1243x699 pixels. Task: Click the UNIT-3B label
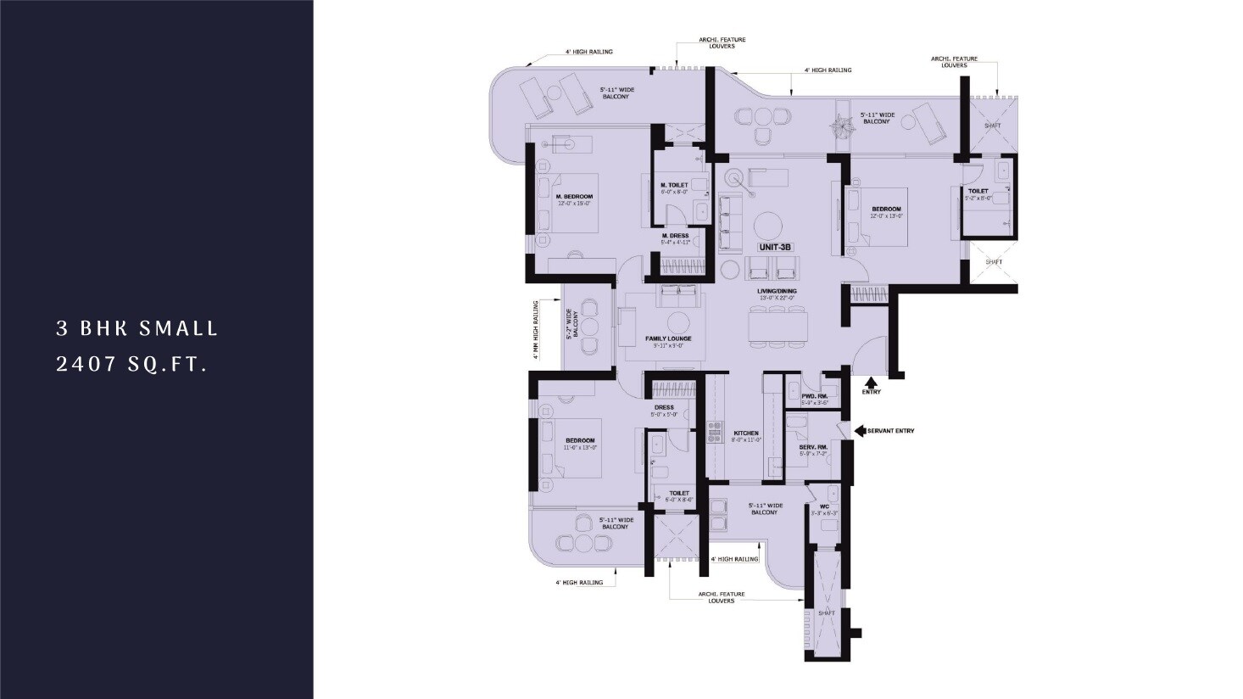coord(775,247)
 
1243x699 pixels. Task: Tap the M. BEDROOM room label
coord(573,197)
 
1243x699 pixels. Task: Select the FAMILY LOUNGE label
coord(668,338)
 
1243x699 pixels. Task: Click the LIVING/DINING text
coord(776,291)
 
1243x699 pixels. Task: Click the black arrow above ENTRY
coord(871,381)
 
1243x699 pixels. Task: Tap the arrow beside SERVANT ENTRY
coord(859,431)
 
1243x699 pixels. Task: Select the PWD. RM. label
coord(814,396)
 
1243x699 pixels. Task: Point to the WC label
coord(823,508)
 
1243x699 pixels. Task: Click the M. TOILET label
coord(674,186)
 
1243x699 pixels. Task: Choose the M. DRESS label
coord(675,236)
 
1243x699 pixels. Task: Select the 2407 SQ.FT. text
coord(131,365)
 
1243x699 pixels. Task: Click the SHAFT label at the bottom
coord(826,612)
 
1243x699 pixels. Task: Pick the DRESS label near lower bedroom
coord(664,407)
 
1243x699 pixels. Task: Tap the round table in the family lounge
coord(678,322)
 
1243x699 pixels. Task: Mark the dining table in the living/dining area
coord(776,326)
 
